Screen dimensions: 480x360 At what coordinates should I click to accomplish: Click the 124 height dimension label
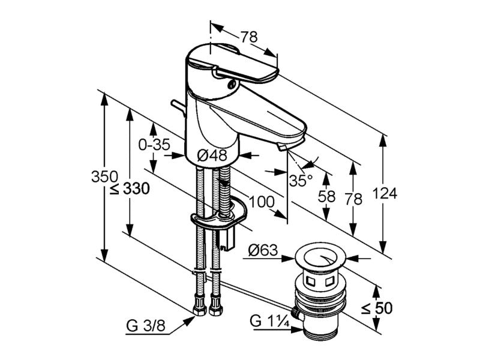coord(385,194)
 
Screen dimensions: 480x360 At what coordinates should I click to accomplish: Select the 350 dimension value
coord(104,176)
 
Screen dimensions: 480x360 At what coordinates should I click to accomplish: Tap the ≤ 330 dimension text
coord(130,188)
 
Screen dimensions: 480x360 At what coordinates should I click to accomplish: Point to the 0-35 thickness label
coord(154,145)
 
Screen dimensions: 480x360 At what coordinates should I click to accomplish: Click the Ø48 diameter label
coord(212,155)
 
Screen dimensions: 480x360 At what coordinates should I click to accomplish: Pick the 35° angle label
coord(301,181)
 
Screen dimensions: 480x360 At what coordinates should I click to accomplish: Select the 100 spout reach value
coord(262,202)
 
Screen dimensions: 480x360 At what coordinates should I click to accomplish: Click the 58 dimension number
coord(326,196)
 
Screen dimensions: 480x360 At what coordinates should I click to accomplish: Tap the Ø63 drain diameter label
coord(263,250)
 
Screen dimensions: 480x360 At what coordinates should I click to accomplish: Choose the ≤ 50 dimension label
coord(376,308)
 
